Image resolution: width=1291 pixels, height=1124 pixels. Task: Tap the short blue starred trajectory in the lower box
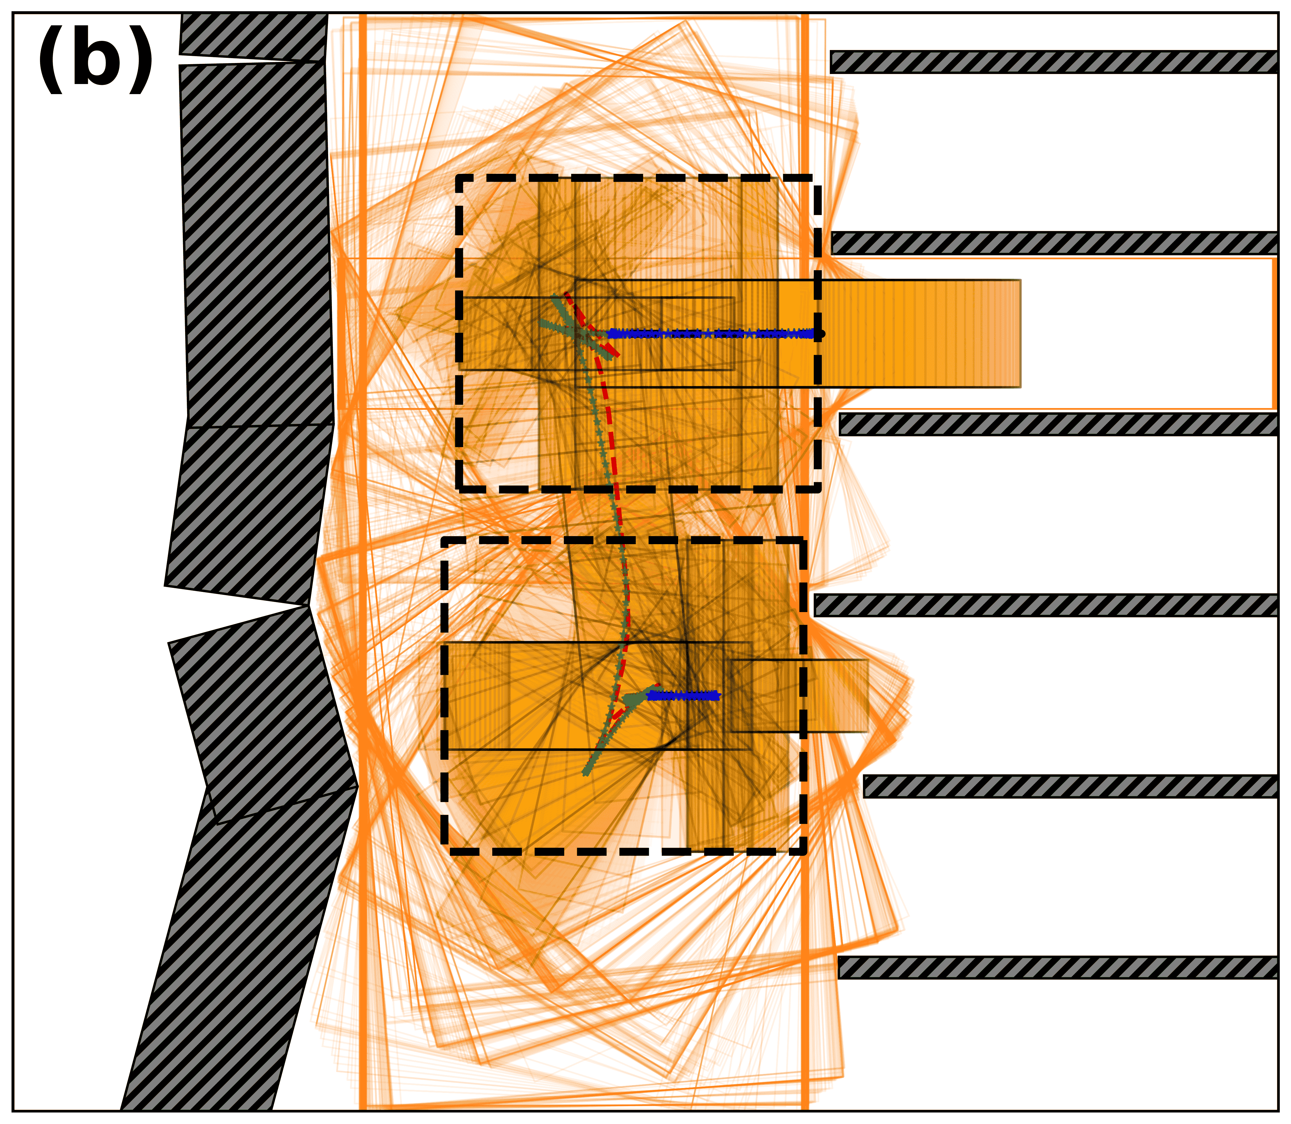click(x=684, y=695)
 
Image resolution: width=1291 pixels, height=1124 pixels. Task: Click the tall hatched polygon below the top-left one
click(x=257, y=245)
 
